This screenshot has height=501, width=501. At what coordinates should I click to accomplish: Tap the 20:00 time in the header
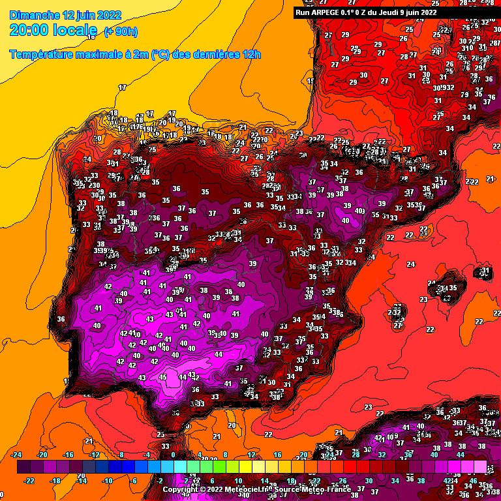tap(30, 30)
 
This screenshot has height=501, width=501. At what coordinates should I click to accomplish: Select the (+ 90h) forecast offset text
tap(121, 31)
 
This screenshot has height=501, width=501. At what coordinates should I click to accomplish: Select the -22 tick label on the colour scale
tap(29, 480)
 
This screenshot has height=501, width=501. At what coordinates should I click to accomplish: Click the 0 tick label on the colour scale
tap(173, 455)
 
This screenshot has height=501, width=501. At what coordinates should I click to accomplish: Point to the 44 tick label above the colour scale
tap(460, 455)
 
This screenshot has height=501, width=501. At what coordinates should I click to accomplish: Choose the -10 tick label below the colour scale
tap(108, 480)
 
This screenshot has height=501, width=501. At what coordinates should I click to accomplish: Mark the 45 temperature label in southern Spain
tap(162, 377)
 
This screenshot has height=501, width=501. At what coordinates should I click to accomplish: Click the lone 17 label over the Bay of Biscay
tap(122, 87)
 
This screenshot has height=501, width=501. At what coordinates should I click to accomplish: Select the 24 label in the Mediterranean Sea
tap(410, 264)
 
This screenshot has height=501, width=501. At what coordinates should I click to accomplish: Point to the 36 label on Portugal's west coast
tap(61, 319)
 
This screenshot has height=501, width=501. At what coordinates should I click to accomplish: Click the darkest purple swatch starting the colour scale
tap(23, 467)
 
